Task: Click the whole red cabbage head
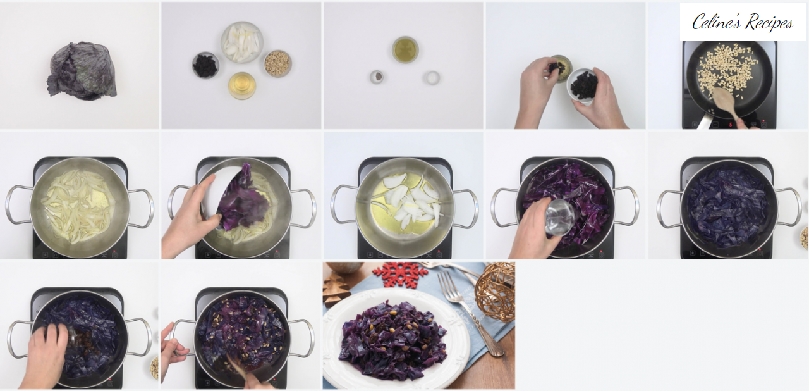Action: [82, 71]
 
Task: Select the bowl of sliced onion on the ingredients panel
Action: [241, 42]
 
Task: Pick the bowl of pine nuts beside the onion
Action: [277, 63]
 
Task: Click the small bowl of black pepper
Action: [377, 77]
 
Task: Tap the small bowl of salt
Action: [431, 77]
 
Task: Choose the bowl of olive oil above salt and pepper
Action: [405, 49]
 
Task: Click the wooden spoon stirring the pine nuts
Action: [726, 104]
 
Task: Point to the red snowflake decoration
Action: [400, 275]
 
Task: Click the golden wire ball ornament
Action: [495, 292]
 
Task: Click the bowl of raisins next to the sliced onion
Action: [205, 65]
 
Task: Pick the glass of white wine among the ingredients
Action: [242, 86]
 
